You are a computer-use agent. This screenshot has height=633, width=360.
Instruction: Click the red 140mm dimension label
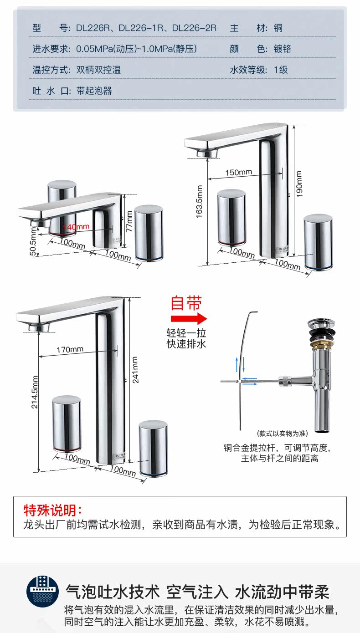[x=76, y=227]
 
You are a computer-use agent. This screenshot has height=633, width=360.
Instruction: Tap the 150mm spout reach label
[x=239, y=172]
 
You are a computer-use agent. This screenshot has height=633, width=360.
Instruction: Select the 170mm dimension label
[x=70, y=350]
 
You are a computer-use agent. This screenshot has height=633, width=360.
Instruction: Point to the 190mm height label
[x=299, y=184]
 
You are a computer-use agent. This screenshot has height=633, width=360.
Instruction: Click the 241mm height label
[x=135, y=370]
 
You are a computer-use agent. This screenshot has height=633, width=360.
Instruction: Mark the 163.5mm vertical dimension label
[x=200, y=201]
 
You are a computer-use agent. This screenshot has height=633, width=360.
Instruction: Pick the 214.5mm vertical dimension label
[x=35, y=392]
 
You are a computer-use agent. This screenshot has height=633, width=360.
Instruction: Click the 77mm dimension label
[x=129, y=221]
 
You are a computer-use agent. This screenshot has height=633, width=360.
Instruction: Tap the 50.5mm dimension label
[x=33, y=241]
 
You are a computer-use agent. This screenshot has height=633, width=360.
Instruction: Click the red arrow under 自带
[x=189, y=318]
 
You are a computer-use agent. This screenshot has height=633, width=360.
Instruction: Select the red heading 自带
[x=186, y=303]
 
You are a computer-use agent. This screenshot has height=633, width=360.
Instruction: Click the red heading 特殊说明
[x=53, y=510]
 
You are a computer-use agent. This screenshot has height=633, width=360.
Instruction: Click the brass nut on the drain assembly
[x=322, y=345]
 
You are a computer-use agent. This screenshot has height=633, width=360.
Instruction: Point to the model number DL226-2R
[x=194, y=28]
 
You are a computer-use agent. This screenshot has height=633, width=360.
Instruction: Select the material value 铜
[x=278, y=28]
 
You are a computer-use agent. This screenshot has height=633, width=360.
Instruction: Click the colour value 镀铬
[x=283, y=49]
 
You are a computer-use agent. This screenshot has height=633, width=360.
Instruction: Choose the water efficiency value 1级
[x=281, y=70]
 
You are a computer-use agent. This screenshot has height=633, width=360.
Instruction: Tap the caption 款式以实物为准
[x=282, y=433]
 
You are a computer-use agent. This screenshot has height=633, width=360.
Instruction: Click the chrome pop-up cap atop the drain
[x=322, y=324]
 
